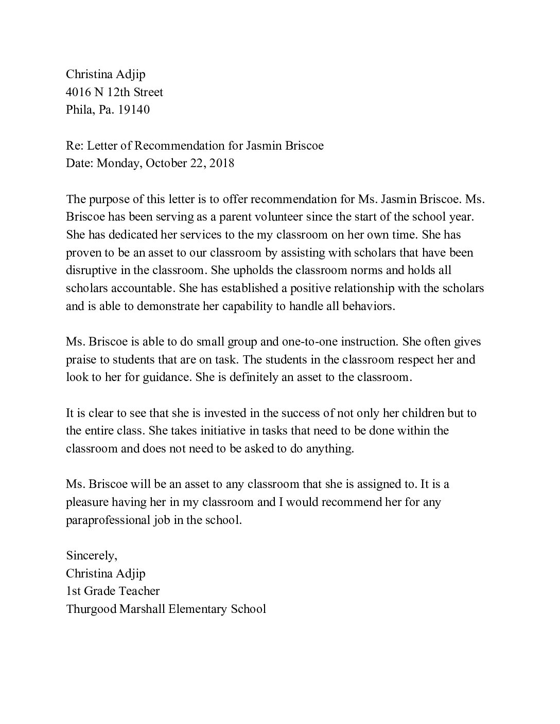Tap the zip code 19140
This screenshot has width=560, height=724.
coord(133,110)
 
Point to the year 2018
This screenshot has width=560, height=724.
coord(221,163)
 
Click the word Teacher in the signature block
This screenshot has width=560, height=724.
coord(139,591)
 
